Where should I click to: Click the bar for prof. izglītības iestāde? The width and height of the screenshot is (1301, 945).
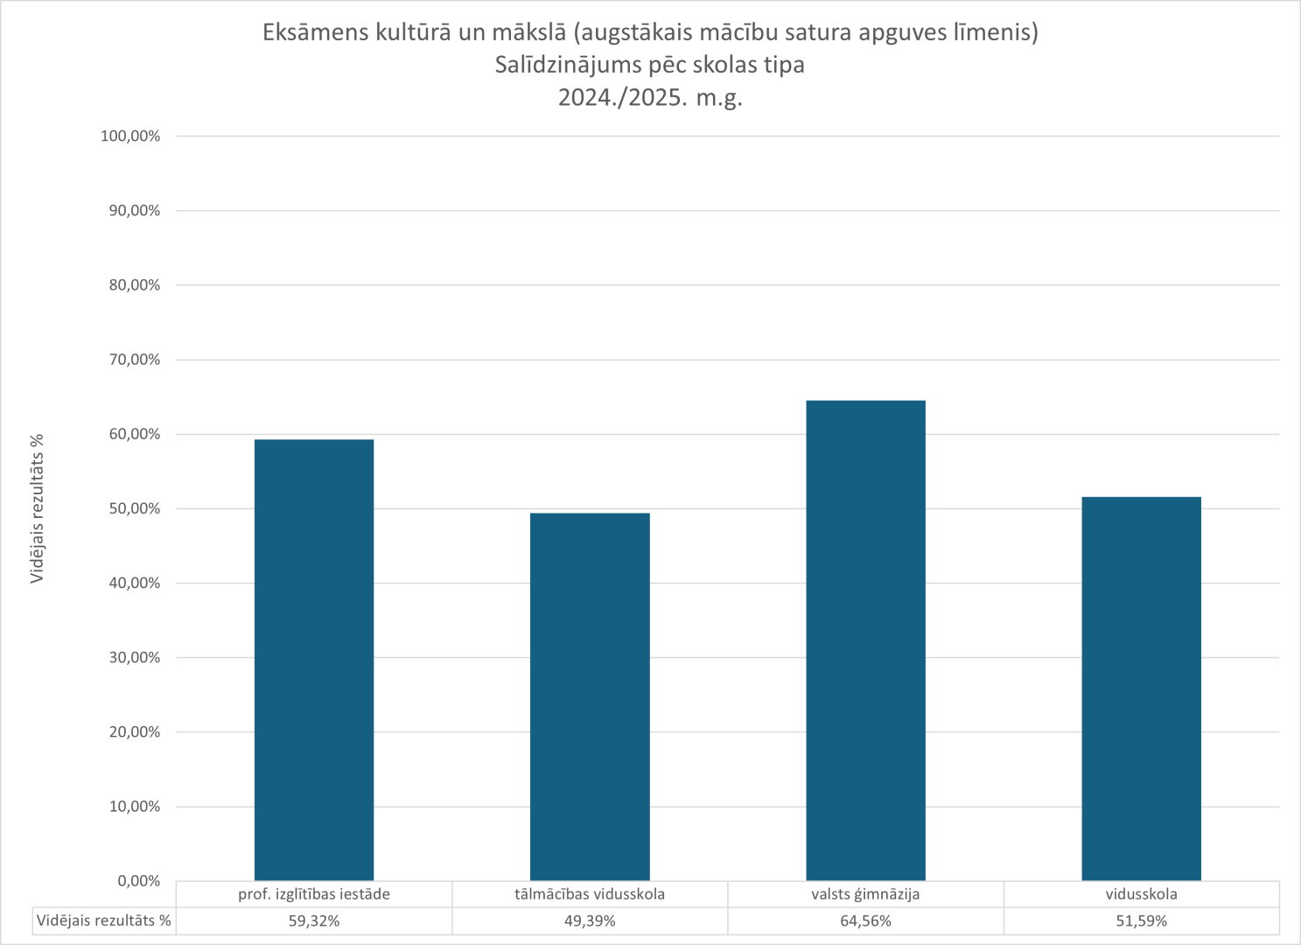[314, 660]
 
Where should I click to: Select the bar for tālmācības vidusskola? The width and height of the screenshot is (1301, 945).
[590, 696]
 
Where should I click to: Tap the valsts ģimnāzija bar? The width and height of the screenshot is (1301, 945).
[865, 640]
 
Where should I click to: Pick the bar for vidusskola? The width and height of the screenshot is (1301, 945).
[1141, 689]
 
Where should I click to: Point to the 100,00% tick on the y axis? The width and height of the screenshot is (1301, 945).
[130, 136]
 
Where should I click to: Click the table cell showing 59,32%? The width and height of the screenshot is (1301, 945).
[314, 921]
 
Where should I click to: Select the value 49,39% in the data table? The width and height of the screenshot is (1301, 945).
[590, 921]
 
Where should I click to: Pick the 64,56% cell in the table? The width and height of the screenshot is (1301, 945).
[865, 921]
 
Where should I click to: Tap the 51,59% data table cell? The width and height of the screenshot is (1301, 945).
[1141, 921]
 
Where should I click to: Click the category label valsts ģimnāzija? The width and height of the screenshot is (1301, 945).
[865, 894]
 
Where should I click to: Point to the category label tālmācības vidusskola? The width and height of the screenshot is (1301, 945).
[590, 894]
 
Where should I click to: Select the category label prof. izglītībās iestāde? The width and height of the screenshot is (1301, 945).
[314, 894]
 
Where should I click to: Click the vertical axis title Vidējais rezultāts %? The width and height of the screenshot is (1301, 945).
[38, 508]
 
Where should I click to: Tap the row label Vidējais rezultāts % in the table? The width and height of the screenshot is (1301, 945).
[104, 921]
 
